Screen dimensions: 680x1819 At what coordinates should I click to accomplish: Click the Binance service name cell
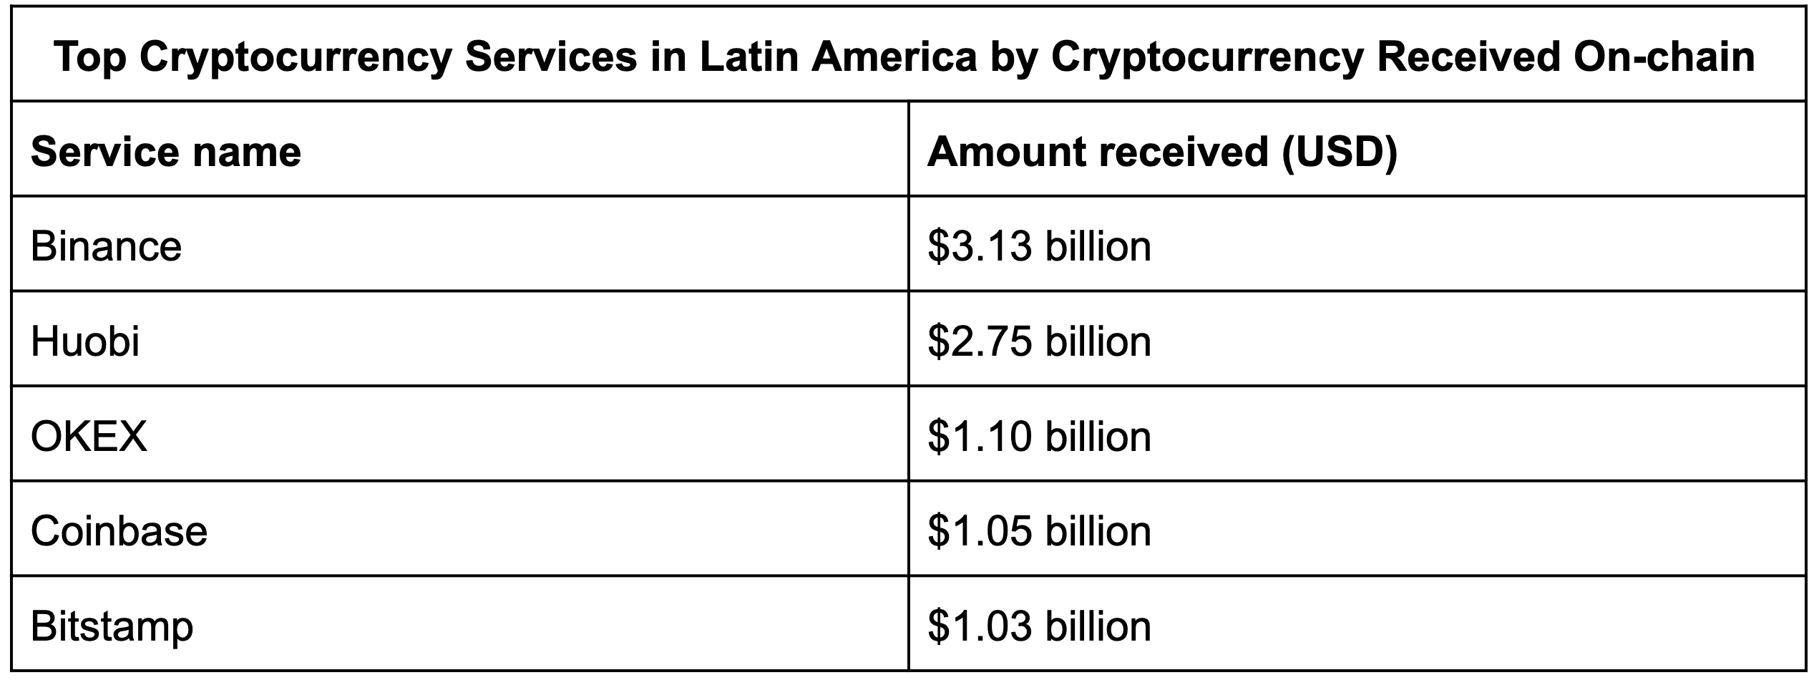pyautogui.click(x=106, y=246)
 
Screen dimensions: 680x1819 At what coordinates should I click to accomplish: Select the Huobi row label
pyautogui.click(x=85, y=341)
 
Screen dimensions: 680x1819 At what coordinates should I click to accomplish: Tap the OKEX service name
pyautogui.click(x=89, y=436)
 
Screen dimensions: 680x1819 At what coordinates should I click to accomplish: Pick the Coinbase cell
pyautogui.click(x=119, y=531)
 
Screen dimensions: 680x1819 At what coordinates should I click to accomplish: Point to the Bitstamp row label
pyautogui.click(x=112, y=626)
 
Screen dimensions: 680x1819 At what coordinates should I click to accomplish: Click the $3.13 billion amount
pyautogui.click(x=1039, y=246)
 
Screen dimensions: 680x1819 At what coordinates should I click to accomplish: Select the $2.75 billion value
pyautogui.click(x=1039, y=341)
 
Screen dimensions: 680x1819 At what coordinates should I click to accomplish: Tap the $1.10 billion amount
pyautogui.click(x=1039, y=436)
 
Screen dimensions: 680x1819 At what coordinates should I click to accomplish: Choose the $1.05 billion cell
pyautogui.click(x=1039, y=531)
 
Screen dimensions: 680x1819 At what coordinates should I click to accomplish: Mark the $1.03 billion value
pyautogui.click(x=1039, y=626)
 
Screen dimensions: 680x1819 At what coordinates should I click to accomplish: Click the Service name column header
pyautogui.click(x=166, y=152)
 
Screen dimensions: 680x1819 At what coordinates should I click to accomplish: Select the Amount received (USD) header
pyautogui.click(x=1161, y=152)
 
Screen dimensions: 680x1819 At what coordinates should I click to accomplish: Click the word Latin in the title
pyautogui.click(x=748, y=57)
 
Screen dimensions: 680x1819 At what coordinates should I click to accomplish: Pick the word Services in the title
pyautogui.click(x=550, y=57)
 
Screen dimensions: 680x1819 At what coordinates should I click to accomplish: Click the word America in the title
pyautogui.click(x=894, y=57)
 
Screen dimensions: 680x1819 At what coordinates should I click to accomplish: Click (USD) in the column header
pyautogui.click(x=1339, y=152)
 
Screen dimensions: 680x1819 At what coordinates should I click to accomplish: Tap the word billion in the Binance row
pyautogui.click(x=1098, y=246)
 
